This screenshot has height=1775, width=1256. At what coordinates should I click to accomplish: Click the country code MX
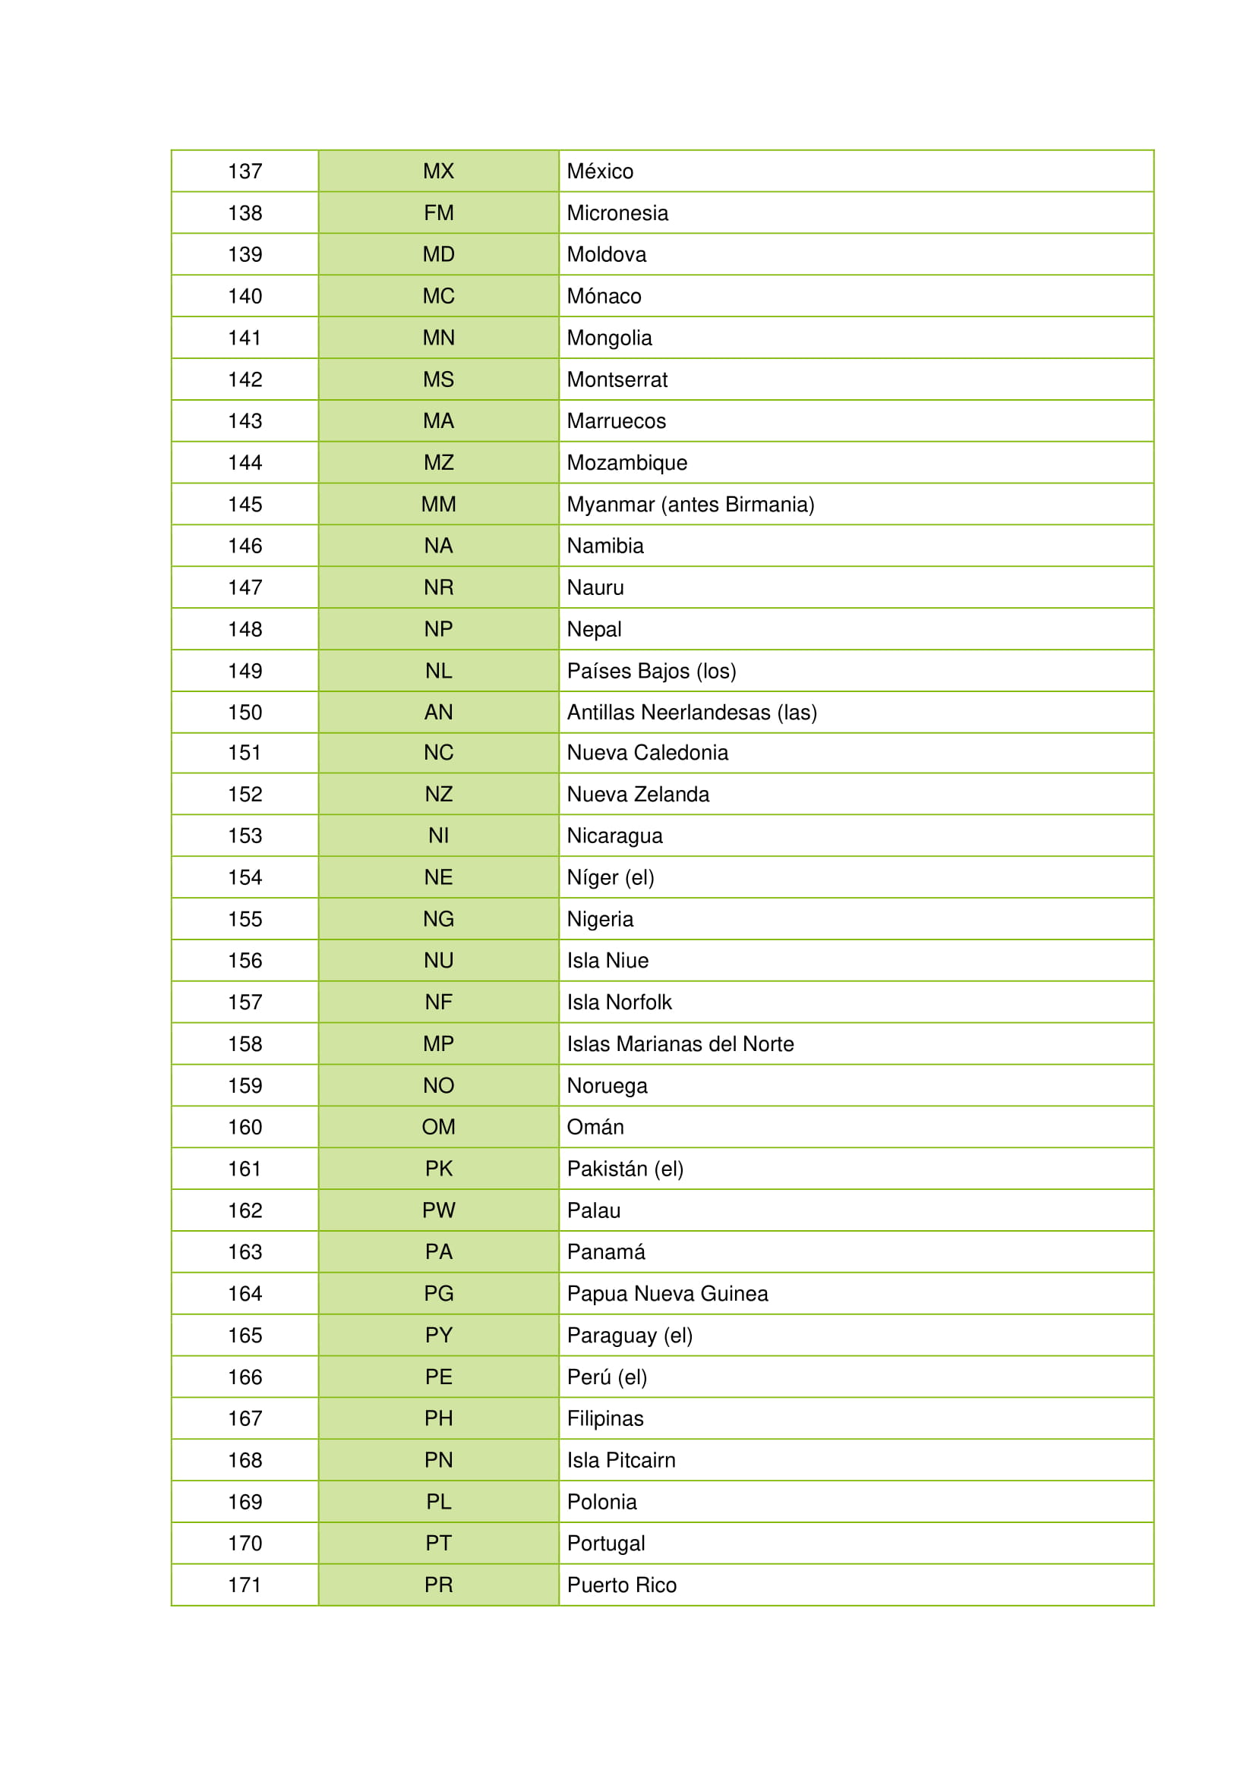tap(438, 171)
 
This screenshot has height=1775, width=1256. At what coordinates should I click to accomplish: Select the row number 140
tap(245, 296)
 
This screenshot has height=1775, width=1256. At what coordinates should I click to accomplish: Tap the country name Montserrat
tap(617, 379)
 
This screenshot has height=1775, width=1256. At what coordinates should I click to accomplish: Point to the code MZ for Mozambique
tap(438, 462)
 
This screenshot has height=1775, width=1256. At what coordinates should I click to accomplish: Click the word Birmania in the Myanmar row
tap(769, 504)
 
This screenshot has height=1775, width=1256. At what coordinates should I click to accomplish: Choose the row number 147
tap(245, 587)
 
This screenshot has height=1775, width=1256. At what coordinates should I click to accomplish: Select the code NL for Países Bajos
tap(438, 671)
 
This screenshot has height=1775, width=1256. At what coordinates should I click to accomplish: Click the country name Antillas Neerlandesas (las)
tap(692, 712)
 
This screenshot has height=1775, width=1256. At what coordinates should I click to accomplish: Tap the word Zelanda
tap(671, 794)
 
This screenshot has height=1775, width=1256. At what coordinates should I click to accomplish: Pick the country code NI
tap(438, 836)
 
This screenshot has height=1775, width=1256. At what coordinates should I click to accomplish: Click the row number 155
tap(245, 919)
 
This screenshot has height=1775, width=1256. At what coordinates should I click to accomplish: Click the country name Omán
tap(595, 1127)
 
